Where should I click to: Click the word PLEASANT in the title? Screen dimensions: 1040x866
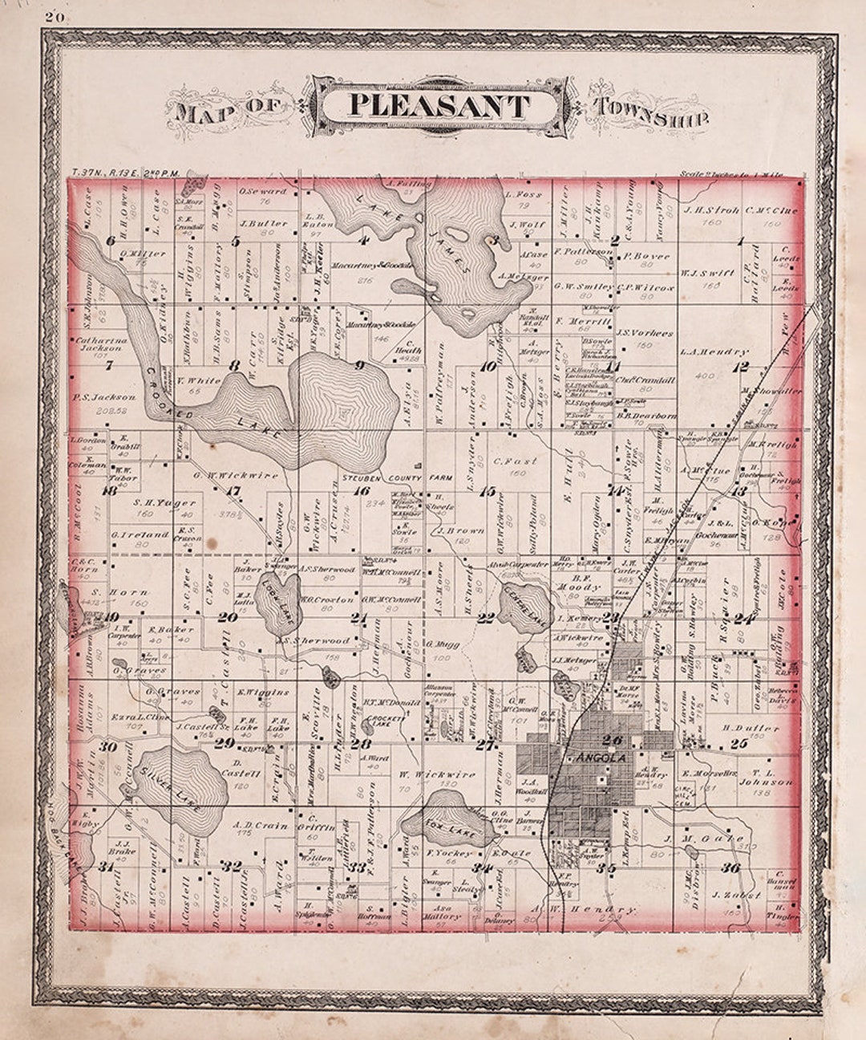439,106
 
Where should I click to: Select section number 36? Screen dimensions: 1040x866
730,867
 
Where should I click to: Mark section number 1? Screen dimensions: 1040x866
741,240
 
